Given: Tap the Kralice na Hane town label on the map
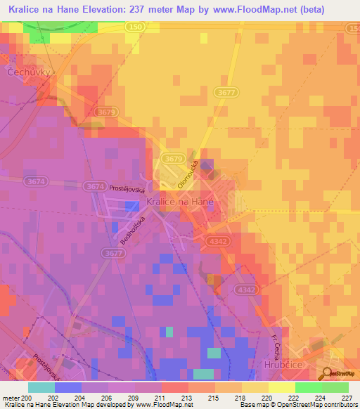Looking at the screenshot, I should [x=179, y=201].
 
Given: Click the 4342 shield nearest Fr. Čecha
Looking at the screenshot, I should [x=246, y=290].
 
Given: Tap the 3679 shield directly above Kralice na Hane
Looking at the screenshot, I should [x=173, y=160].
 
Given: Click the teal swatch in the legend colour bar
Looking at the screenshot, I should [x=41, y=387].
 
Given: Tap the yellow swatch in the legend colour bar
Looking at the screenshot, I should [x=281, y=387].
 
